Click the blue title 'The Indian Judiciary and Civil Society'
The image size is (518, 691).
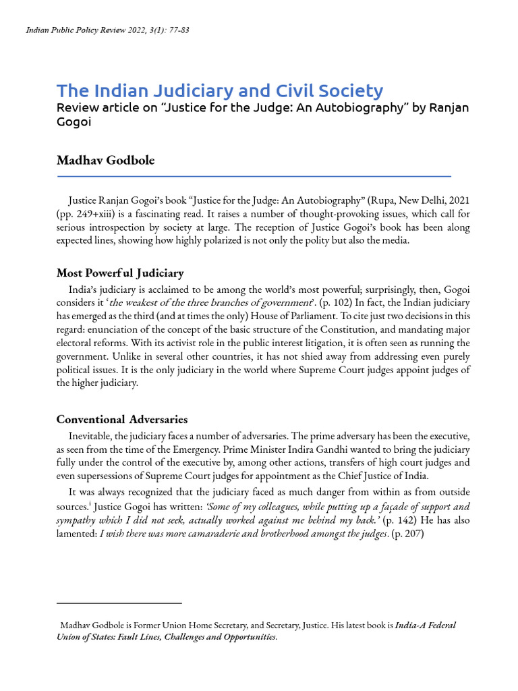tap(220, 90)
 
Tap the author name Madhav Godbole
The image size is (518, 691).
tap(105, 160)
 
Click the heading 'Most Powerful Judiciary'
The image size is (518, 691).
tap(120, 273)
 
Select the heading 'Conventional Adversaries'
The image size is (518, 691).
tap(122, 420)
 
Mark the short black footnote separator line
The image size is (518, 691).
tap(119, 603)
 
